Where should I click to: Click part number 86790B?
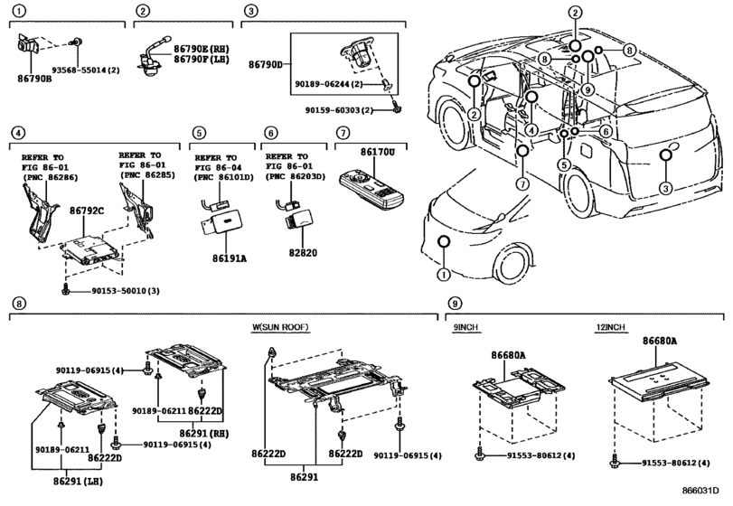point(34,79)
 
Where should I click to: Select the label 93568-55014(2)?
point(86,70)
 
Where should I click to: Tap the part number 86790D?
point(266,64)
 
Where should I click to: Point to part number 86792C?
point(87,211)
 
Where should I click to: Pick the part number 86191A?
point(229,258)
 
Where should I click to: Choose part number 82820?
point(303,253)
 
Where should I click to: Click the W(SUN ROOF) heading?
point(280,327)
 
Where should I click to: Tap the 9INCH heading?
point(465,327)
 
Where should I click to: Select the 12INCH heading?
point(610,327)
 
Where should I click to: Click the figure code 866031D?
point(700,490)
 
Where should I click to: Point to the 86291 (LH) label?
point(78,481)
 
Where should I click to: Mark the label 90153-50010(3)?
point(126,291)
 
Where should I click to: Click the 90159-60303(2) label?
point(339,110)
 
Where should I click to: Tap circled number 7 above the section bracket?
point(343,133)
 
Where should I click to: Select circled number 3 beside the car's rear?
point(666,188)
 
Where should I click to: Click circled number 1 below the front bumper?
point(443,275)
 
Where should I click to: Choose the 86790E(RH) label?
point(202,49)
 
